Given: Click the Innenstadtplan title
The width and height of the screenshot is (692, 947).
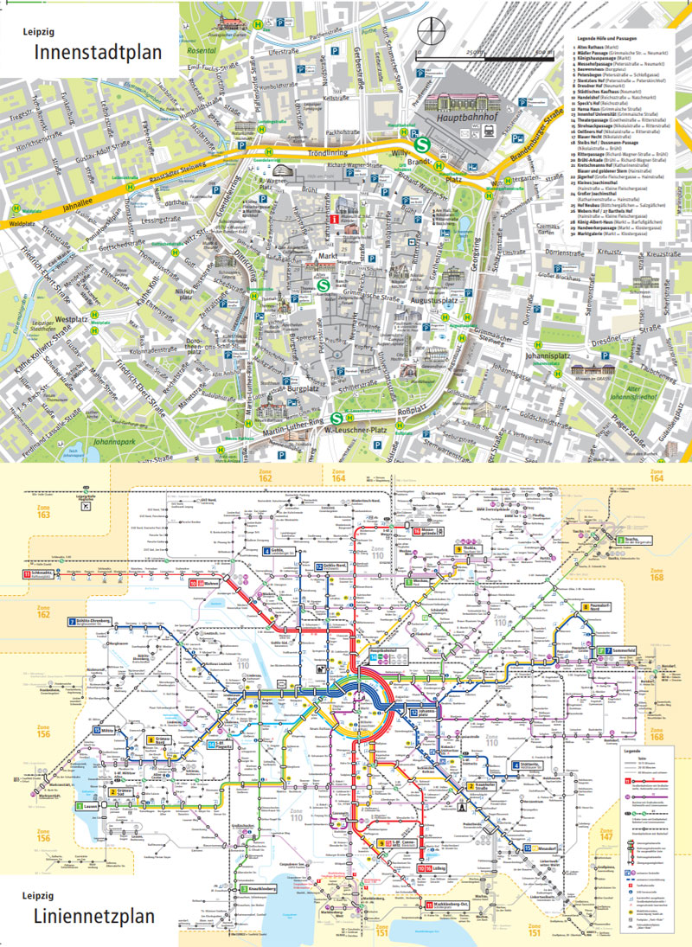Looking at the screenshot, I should [x=98, y=53].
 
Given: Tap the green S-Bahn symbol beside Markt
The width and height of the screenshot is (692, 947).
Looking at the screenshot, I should [x=323, y=283].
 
